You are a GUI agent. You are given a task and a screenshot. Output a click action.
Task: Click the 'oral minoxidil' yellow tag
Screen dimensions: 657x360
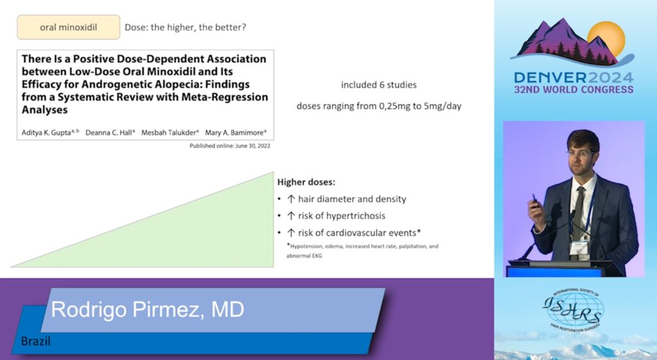coord(68,27)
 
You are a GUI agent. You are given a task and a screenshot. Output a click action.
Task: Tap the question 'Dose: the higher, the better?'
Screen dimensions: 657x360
coord(185,27)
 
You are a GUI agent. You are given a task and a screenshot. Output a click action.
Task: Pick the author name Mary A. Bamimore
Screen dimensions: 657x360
coord(235,132)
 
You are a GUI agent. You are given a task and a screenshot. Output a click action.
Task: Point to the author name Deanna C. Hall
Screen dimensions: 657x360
coord(109,132)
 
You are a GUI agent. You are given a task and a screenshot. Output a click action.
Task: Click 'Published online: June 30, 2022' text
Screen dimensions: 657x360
coord(230,146)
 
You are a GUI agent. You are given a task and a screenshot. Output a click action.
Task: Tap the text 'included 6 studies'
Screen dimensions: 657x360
coord(379,85)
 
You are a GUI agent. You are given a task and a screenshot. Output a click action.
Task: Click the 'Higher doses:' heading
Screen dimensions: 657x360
coord(306,182)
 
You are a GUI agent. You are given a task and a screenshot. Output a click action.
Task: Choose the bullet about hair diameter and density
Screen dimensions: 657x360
coord(346,199)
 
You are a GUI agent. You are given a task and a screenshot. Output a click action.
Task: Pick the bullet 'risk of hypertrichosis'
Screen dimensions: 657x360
coord(336,216)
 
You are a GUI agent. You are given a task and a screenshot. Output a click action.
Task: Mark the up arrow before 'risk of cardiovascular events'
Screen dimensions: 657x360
coord(291,232)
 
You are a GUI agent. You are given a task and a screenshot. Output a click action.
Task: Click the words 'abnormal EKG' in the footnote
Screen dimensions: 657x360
coord(304,255)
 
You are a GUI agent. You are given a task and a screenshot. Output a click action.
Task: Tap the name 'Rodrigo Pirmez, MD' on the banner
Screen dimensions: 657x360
coord(148,310)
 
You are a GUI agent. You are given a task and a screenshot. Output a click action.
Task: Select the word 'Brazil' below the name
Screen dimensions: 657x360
coord(36,341)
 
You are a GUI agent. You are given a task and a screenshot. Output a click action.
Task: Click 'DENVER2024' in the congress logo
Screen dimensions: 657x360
coord(574,78)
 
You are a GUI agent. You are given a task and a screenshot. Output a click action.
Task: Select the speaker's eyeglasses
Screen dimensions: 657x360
coord(581,154)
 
